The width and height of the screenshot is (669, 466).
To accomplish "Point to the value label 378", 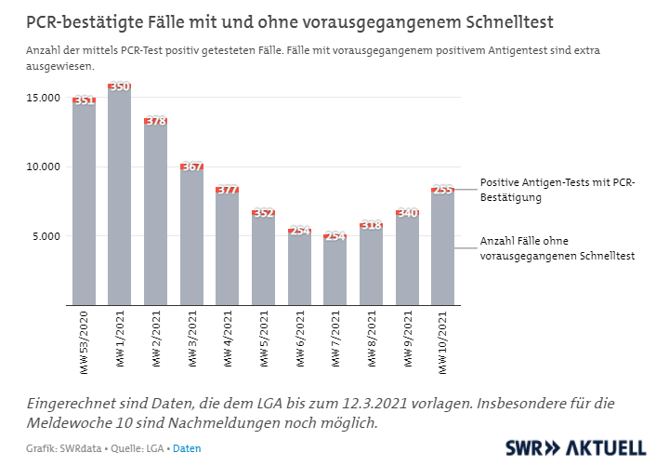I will coord(156,121).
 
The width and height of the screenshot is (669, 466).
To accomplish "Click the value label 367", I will coord(191,166).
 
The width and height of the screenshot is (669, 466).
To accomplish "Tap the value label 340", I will coord(407,213).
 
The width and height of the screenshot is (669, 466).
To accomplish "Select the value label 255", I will coord(443,190).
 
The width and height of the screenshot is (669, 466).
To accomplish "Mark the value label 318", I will coord(371,225).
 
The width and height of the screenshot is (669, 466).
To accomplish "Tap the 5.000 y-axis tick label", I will coord(45,236).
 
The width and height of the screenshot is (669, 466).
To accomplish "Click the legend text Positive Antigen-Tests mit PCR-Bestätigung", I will coord(557,190).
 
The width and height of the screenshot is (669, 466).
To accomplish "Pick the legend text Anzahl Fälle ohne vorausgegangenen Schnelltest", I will coord(557,248).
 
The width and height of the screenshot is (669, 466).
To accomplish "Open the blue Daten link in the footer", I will coord(187,448).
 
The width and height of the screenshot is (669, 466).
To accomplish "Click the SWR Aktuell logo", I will coord(575,446).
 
